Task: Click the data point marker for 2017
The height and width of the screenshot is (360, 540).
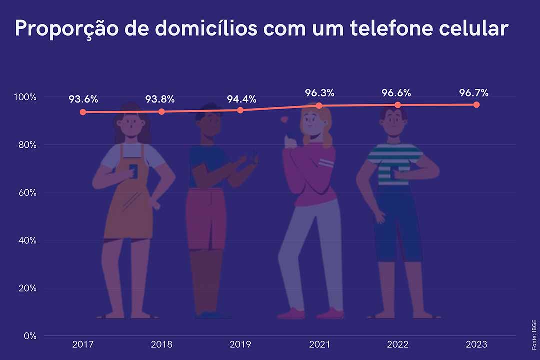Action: click(83, 112)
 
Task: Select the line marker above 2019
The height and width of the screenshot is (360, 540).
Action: click(240, 110)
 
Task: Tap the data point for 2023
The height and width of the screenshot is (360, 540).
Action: click(476, 105)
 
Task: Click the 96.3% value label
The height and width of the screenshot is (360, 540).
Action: click(319, 93)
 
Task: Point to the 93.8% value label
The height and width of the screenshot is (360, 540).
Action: click(160, 99)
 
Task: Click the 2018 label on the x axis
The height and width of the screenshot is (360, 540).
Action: click(161, 344)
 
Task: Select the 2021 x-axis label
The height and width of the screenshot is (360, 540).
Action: click(319, 344)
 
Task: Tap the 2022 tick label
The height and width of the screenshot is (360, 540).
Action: click(397, 344)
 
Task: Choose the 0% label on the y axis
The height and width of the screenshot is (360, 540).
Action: click(30, 336)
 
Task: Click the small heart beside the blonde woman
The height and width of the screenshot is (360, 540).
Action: click(285, 120)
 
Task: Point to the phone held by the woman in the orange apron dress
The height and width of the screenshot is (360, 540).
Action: click(133, 170)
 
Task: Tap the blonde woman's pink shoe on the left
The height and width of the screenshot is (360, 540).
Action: click(291, 314)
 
